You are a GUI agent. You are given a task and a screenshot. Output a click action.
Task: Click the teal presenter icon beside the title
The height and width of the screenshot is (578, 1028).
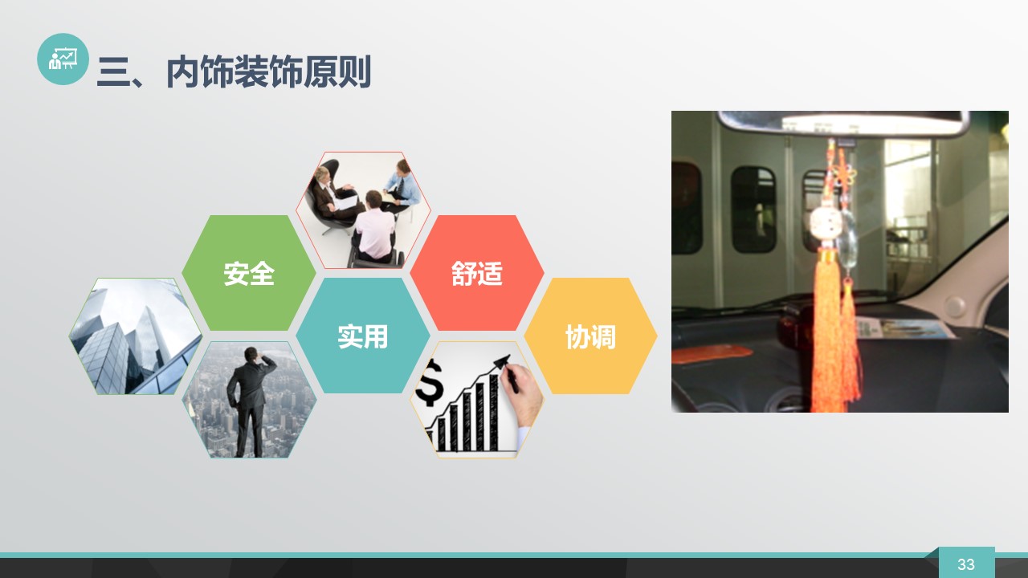click(63, 59)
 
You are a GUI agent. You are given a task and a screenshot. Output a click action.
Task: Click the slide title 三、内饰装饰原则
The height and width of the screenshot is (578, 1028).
click(234, 72)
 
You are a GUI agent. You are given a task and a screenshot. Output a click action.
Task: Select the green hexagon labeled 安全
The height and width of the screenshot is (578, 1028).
click(249, 273)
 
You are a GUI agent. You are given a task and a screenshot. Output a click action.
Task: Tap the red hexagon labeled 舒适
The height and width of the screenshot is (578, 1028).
click(477, 273)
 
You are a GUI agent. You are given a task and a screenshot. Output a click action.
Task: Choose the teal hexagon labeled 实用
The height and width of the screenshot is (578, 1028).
click(362, 336)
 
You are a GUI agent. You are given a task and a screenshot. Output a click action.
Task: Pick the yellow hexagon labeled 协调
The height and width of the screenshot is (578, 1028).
click(590, 336)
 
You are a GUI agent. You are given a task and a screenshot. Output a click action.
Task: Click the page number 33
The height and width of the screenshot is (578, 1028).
click(965, 564)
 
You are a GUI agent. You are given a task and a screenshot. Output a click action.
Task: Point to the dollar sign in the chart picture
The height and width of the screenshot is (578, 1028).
click(429, 382)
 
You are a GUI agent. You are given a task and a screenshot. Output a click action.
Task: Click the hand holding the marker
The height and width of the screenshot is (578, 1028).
click(522, 391)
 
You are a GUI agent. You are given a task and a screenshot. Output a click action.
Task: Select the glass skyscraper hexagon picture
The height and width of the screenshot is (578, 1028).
click(136, 336)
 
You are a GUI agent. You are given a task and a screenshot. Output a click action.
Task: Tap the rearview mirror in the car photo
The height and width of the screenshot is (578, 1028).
click(843, 124)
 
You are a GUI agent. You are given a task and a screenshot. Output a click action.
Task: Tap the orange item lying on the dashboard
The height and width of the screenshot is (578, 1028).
click(712, 354)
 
